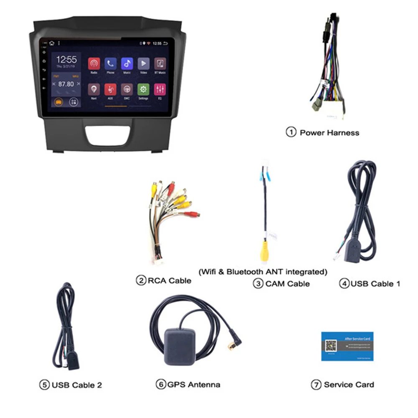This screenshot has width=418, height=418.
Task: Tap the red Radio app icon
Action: coord(94,64)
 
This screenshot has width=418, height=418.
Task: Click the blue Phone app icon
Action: coord(110,64)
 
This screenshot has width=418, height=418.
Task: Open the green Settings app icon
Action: coord(143,89)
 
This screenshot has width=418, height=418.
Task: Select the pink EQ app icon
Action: coord(160,89)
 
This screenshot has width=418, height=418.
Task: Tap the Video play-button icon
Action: coord(143,64)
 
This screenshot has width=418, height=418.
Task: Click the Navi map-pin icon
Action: coord(94,89)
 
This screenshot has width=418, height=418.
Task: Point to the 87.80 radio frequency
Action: coord(66,84)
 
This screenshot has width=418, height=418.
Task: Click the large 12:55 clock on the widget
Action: coord(66,59)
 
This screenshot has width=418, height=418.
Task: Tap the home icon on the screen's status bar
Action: coord(52,43)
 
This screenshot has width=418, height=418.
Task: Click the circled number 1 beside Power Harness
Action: coord(291,133)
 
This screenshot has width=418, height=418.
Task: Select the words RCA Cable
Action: coord(169,280)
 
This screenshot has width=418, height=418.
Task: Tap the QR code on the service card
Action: coord(331,346)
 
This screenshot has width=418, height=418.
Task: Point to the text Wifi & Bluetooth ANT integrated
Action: coord(263,272)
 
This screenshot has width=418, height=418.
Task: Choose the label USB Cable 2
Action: coord(76,385)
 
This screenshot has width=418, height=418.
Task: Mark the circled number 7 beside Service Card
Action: coord(316,385)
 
